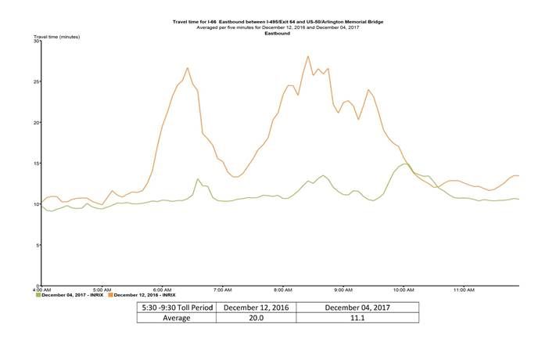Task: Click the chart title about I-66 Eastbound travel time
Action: [x=278, y=23]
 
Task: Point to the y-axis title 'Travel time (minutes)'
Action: [x=56, y=37]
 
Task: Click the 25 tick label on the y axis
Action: [x=36, y=81]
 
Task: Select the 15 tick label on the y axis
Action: [x=36, y=164]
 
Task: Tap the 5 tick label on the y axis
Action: [x=38, y=245]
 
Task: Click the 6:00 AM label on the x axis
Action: [x=163, y=290]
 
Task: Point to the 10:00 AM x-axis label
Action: [x=404, y=290]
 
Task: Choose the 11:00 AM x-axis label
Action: [x=464, y=290]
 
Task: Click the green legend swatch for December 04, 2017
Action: [x=39, y=295]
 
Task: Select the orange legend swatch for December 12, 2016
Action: [x=110, y=295]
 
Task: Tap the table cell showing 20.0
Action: [x=254, y=317]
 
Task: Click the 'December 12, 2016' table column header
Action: [x=254, y=307]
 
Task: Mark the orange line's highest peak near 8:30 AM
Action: [x=308, y=56]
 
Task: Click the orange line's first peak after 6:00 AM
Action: [x=188, y=68]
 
